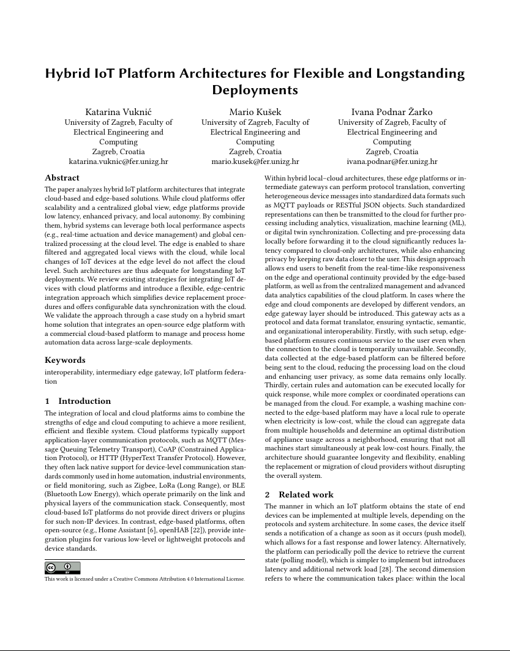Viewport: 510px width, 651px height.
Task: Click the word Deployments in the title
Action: pos(255,90)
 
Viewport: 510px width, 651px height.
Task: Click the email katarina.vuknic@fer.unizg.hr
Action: pos(118,162)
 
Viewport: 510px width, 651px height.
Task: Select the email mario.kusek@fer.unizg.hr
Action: pos(255,162)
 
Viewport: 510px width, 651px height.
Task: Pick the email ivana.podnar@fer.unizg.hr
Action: pos(392,162)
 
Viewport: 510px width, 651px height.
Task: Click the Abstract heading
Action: pos(62,178)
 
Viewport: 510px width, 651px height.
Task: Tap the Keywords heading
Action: pos(65,360)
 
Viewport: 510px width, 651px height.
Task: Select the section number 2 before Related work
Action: pos(267,494)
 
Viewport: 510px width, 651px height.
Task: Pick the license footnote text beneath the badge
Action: pos(144,578)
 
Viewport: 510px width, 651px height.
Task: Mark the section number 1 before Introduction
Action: pos(47,401)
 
